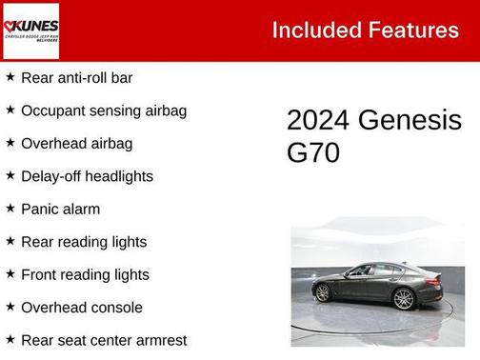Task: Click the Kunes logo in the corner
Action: (x=30, y=30)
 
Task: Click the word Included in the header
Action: (x=314, y=30)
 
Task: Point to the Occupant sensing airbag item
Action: (x=104, y=110)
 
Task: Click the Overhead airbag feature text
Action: (x=76, y=143)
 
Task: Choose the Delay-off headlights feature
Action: (x=87, y=176)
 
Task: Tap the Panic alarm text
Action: (x=60, y=209)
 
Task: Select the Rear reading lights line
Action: (x=84, y=242)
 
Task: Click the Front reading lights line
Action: (x=85, y=274)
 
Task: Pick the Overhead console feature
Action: (x=82, y=308)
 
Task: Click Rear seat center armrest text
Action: (x=104, y=340)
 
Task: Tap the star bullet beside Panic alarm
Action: (x=10, y=209)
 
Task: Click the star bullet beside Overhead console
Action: (x=10, y=308)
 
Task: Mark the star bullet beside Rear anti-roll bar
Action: (x=10, y=77)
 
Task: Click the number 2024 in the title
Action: (x=319, y=121)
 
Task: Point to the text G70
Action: (x=312, y=152)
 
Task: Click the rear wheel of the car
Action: (x=323, y=293)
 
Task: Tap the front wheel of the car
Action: (x=405, y=299)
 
